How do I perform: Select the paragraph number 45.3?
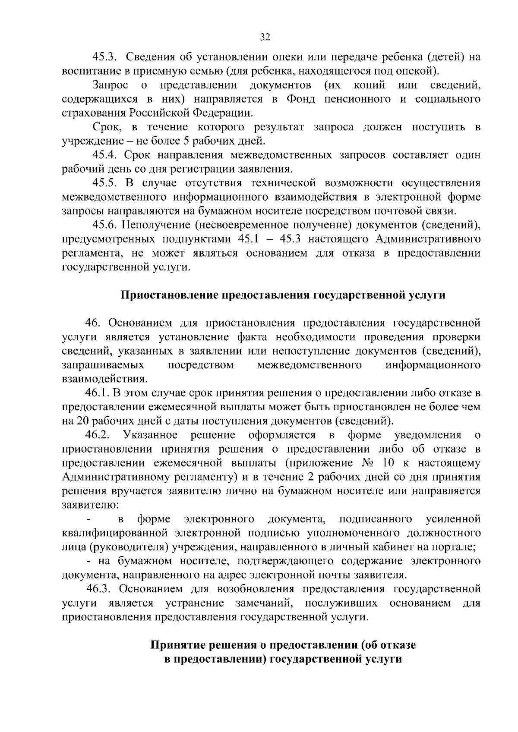click(104, 57)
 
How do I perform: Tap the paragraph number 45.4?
click(104, 154)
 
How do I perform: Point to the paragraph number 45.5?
click(104, 183)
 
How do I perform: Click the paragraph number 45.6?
click(104, 225)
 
